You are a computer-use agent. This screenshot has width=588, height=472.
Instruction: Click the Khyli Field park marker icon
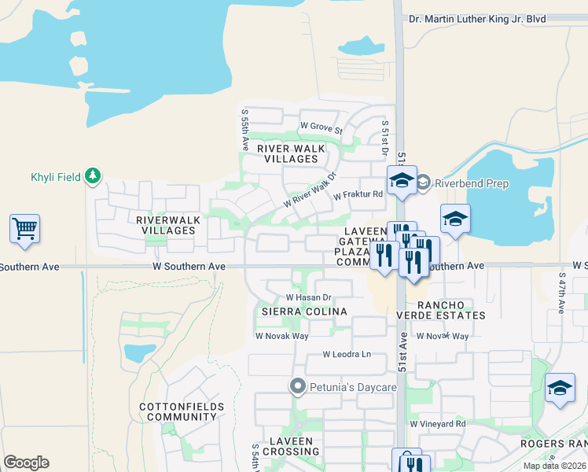(x=94, y=175)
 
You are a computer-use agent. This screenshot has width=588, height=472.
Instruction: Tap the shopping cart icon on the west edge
(x=24, y=229)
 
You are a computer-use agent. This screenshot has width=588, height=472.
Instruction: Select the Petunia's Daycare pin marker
(x=297, y=386)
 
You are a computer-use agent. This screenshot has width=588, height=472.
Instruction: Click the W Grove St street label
(x=322, y=127)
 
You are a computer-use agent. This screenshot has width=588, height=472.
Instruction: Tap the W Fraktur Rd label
(x=358, y=195)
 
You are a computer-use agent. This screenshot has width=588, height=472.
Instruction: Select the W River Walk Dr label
(x=310, y=190)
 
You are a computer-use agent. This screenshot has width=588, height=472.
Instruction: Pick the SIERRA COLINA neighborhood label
(x=304, y=312)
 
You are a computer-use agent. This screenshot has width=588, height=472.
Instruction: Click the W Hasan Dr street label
(x=309, y=297)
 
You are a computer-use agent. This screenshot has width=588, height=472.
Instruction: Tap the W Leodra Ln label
(x=347, y=355)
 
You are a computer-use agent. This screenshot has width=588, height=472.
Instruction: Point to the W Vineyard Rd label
(x=438, y=424)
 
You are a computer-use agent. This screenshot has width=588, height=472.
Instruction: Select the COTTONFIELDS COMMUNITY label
(x=182, y=412)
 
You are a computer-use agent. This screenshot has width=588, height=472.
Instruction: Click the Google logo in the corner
(x=26, y=463)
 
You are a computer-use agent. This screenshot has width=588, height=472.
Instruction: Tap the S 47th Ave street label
(x=562, y=293)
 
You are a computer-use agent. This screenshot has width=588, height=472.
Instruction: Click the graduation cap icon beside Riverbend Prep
(x=401, y=181)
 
